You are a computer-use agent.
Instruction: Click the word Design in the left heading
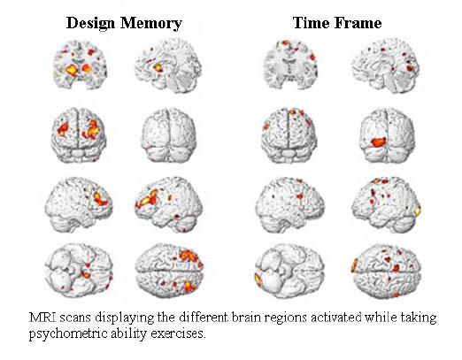[90, 23]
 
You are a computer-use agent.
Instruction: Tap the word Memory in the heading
[151, 23]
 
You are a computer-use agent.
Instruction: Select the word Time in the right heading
[312, 23]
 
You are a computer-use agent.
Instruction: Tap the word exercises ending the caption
[178, 333]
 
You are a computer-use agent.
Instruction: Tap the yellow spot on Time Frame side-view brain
[418, 211]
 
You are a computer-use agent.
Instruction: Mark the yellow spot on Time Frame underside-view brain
[258, 280]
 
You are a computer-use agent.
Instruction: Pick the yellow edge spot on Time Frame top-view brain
[354, 265]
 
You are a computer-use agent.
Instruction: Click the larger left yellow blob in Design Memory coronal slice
[72, 70]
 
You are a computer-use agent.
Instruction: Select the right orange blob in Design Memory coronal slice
[87, 68]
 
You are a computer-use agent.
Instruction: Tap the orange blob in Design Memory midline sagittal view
[158, 68]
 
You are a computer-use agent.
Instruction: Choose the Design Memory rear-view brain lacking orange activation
[168, 135]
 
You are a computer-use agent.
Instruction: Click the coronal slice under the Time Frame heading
[290, 65]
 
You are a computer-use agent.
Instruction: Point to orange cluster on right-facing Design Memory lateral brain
[100, 198]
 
